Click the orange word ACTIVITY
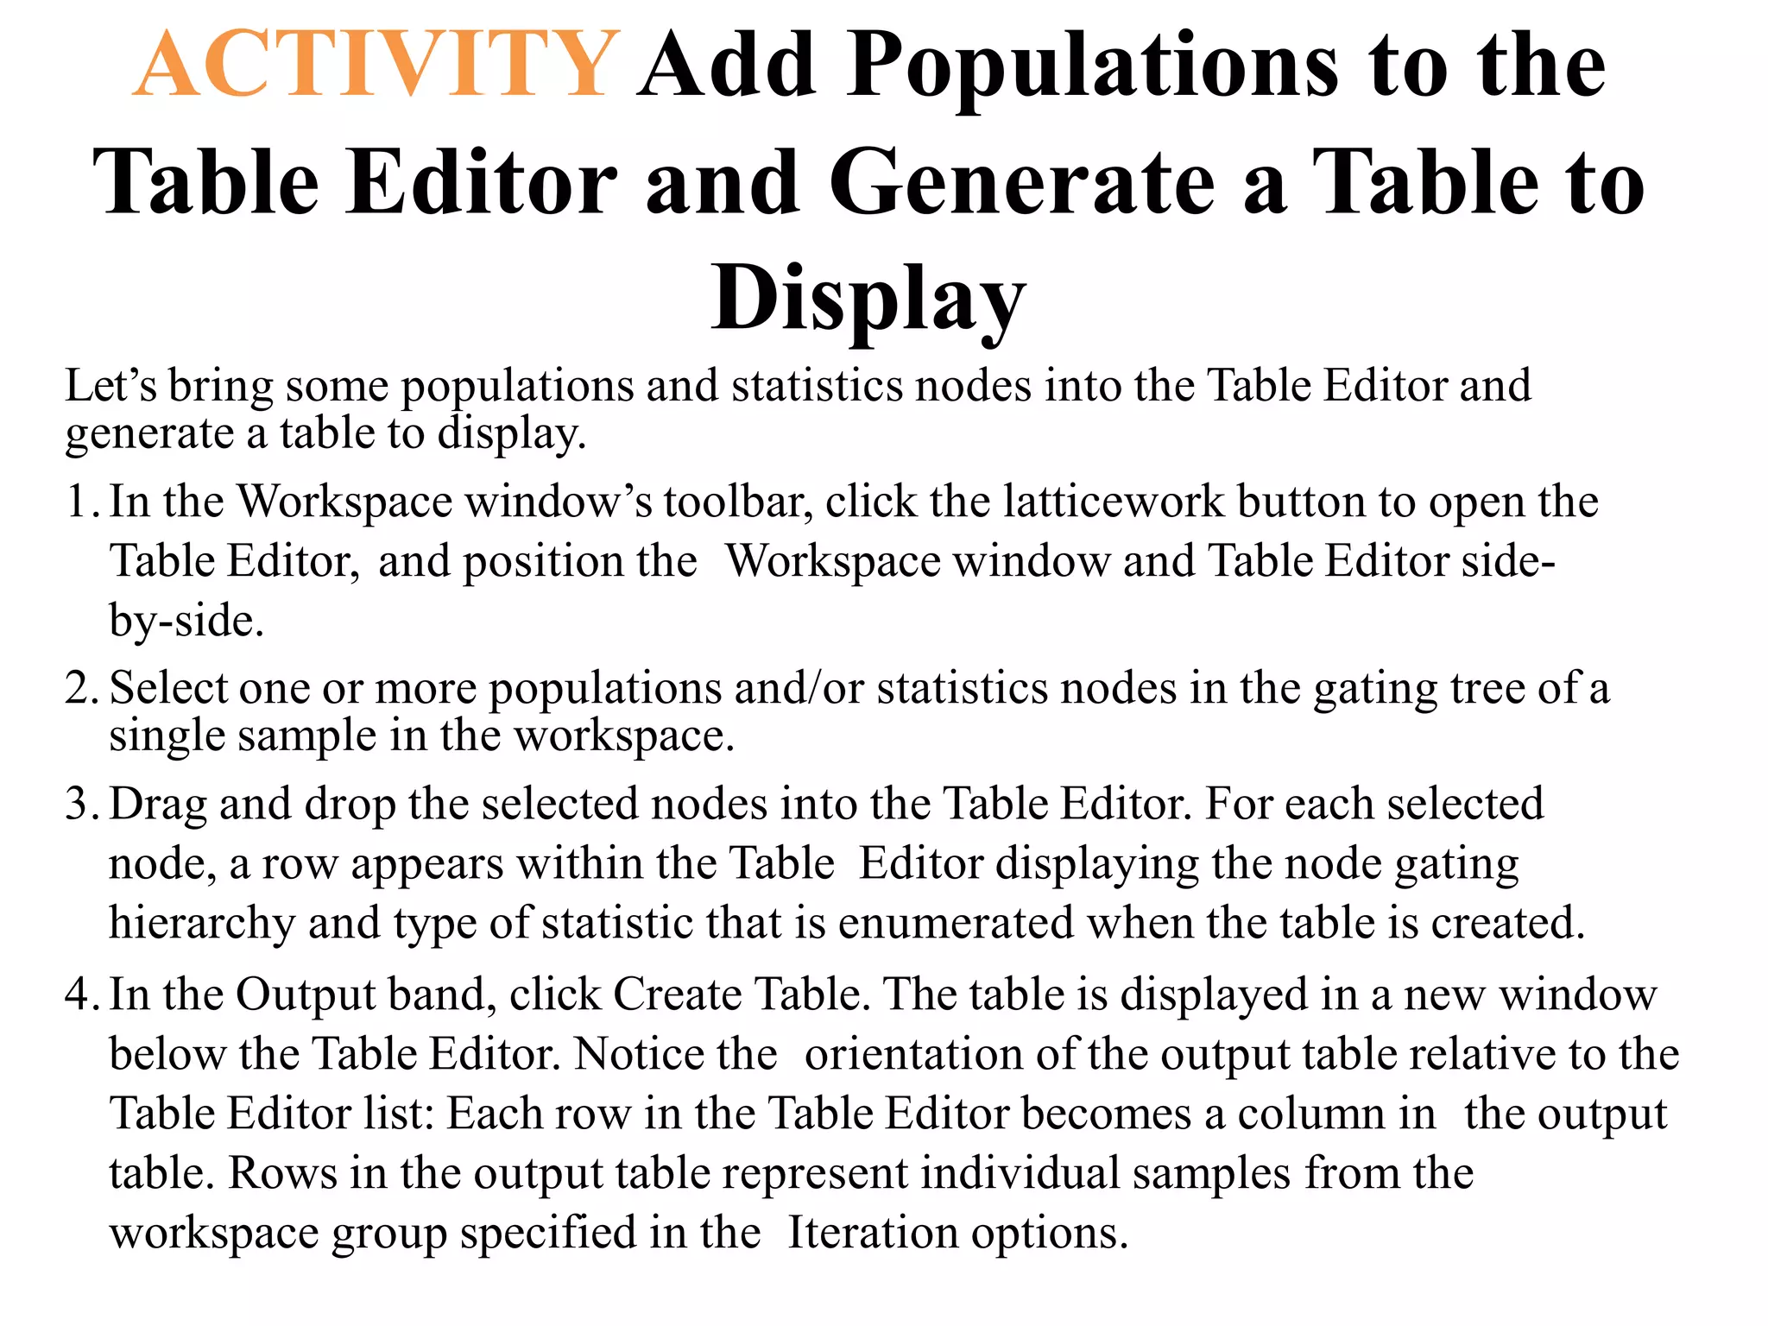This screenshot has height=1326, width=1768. (x=376, y=65)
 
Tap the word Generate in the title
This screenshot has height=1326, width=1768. (x=1022, y=182)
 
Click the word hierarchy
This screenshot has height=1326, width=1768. (x=202, y=924)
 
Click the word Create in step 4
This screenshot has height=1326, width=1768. (x=677, y=994)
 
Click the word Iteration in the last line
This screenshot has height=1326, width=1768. (x=873, y=1233)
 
